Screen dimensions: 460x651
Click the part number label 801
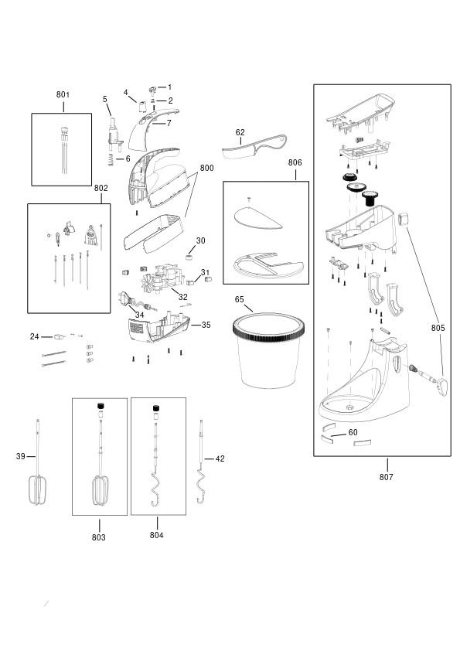pos(63,94)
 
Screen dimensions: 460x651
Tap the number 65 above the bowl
pos(239,299)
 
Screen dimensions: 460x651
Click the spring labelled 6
pos(111,159)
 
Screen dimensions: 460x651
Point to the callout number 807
pos(386,477)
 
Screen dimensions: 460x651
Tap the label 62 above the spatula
pos(240,132)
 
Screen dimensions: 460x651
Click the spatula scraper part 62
pos(254,146)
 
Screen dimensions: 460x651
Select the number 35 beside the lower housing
pos(206,325)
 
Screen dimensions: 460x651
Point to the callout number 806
pos(295,162)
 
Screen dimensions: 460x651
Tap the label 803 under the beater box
pos(99,537)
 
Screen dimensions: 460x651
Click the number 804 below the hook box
pos(156,535)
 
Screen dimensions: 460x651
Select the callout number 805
pos(438,328)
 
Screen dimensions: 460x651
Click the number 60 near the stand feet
pos(353,433)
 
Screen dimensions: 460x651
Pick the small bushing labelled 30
pos(189,257)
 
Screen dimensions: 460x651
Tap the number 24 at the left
pos(35,336)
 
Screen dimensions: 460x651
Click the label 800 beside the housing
pos(206,168)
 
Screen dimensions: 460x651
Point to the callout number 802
pos(101,188)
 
